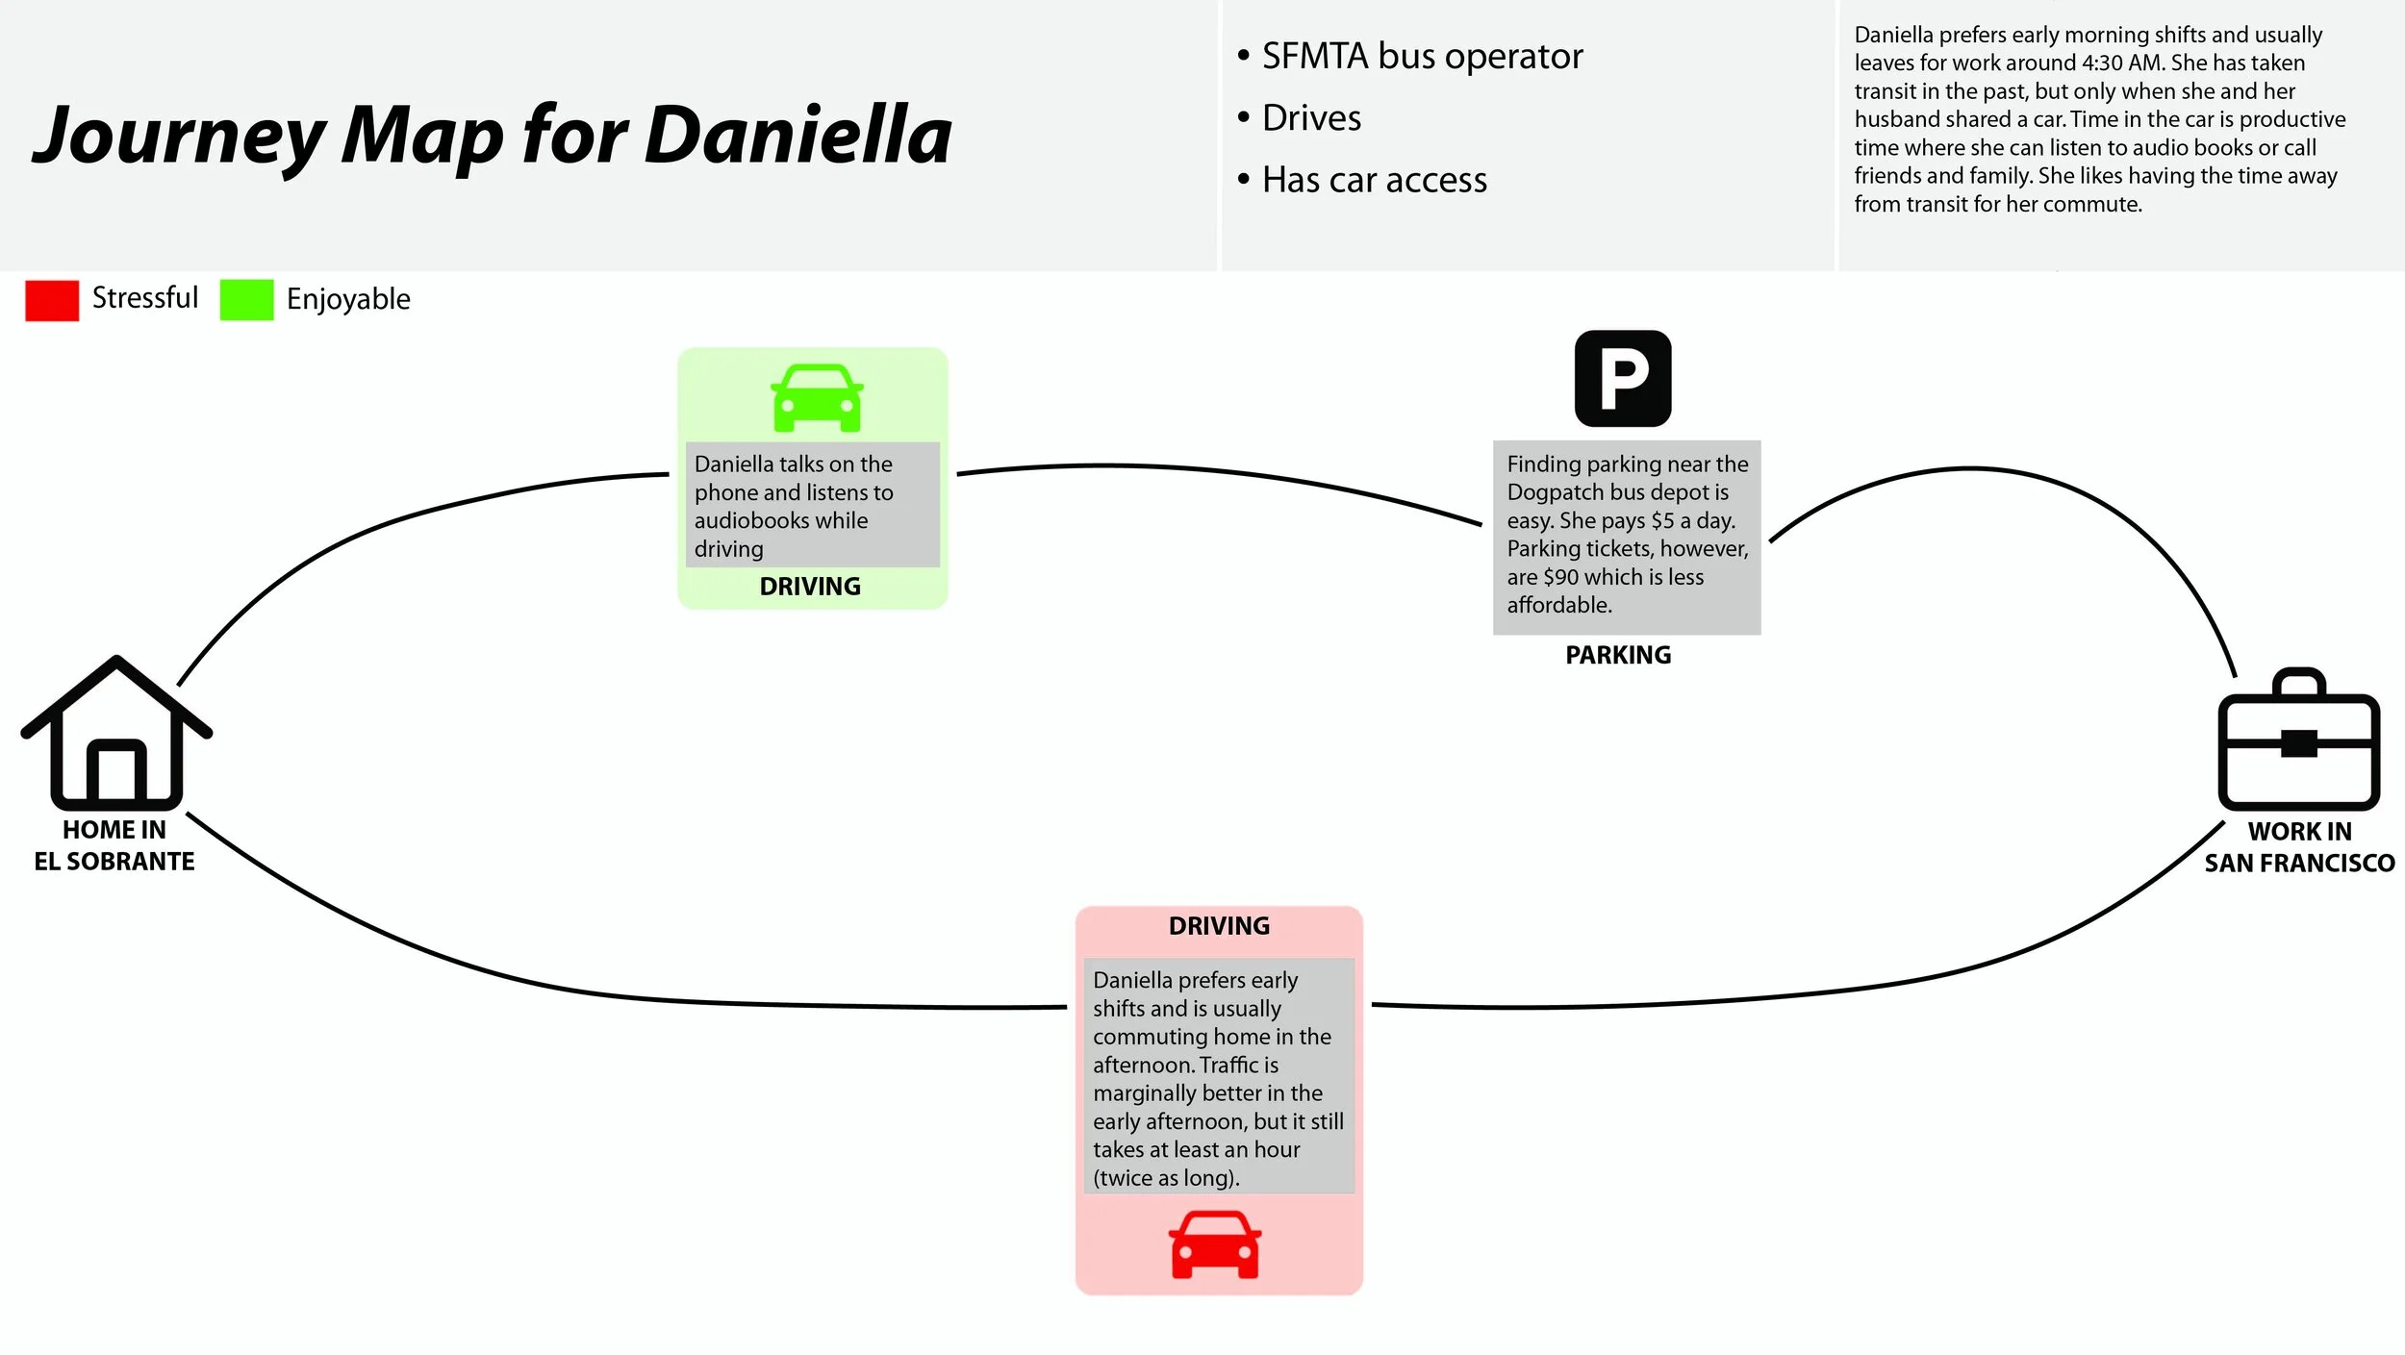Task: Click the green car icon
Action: (817, 398)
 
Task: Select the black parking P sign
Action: (1623, 379)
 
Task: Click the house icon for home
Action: (116, 736)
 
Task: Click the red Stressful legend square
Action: (52, 300)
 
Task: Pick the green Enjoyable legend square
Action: (246, 300)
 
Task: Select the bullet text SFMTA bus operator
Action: (1422, 57)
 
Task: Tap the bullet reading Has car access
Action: (1374, 180)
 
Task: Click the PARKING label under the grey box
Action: (1618, 656)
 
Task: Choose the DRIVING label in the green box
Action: (810, 587)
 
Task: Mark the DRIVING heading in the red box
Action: (1219, 926)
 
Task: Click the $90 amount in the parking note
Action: (1560, 577)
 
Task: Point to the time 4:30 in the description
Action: (2102, 63)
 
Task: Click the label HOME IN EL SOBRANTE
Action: (114, 846)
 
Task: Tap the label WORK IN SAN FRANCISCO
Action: (2299, 848)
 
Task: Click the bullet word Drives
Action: (1311, 118)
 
